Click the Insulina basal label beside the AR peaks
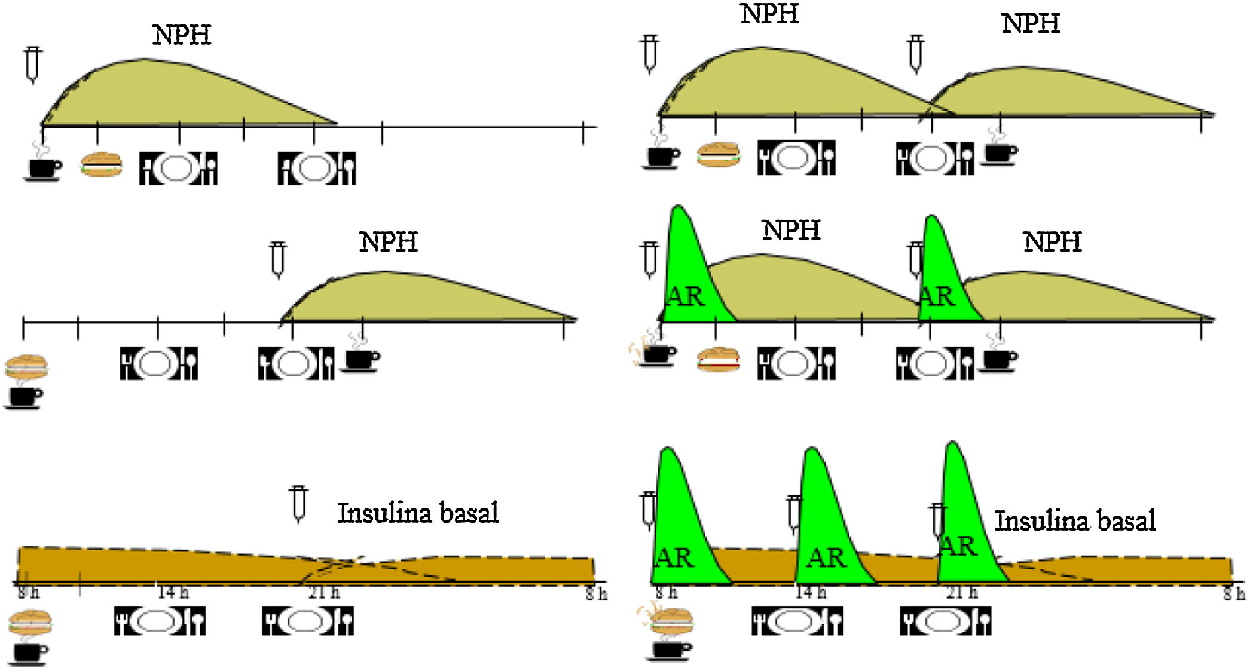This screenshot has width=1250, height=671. [x=1074, y=520]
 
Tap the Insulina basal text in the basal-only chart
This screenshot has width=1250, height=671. [x=417, y=513]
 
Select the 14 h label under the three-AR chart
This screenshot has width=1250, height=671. [x=811, y=593]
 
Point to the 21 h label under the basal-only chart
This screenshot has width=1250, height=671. [x=324, y=593]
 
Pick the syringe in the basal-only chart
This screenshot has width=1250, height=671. [x=298, y=504]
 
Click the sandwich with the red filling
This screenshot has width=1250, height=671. [x=718, y=360]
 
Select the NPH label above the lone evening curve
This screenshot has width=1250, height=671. [x=389, y=242]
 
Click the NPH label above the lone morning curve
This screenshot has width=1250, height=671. [x=182, y=35]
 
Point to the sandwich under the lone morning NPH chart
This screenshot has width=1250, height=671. [x=102, y=164]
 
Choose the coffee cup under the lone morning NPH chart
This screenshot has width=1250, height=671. [x=44, y=167]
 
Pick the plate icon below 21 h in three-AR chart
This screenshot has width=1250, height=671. [x=945, y=621]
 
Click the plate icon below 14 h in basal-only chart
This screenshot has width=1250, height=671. [x=160, y=621]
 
